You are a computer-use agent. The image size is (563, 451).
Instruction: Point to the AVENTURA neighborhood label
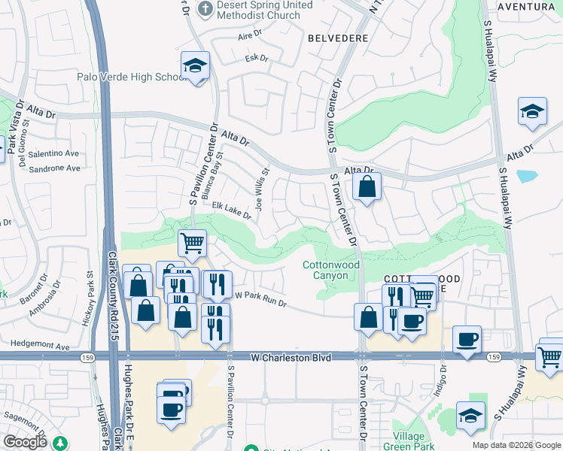click(527, 7)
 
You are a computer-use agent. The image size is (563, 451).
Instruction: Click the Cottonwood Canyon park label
click(331, 270)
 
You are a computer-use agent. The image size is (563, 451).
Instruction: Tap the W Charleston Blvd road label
click(291, 359)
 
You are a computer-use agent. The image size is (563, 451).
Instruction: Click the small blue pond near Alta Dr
click(527, 177)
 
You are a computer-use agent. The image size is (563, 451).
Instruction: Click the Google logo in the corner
click(26, 442)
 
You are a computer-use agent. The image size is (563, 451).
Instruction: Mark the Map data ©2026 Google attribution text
click(516, 445)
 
